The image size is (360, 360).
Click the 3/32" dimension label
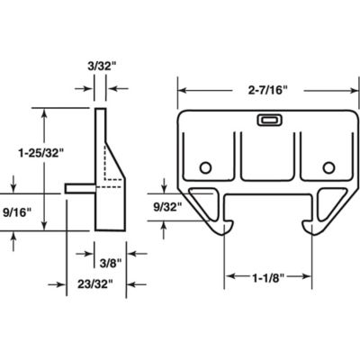[x=100, y=66]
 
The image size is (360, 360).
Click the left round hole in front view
[x=206, y=167]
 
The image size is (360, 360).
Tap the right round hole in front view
[x=328, y=167]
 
